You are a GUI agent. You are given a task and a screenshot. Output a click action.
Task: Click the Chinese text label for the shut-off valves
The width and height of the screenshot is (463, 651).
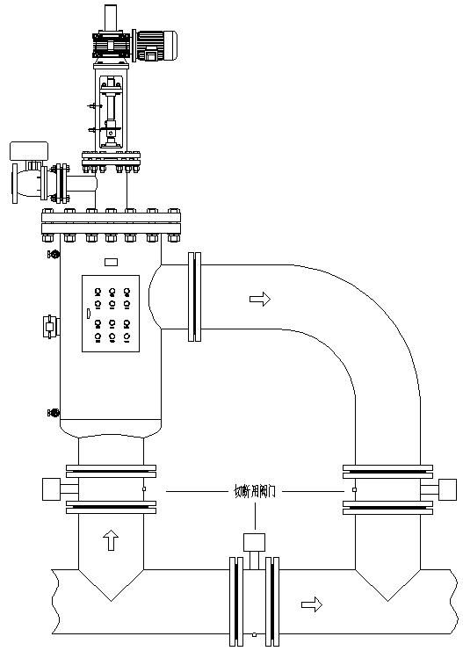click(254, 491)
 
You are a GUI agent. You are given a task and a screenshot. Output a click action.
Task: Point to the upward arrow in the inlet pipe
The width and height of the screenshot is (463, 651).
click(111, 540)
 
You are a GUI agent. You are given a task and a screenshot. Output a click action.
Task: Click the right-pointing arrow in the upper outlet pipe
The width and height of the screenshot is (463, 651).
click(260, 300)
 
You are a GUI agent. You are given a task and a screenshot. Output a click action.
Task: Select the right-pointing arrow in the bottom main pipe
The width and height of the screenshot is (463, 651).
click(311, 604)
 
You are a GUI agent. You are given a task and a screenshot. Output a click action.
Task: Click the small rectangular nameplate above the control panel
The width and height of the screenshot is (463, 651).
click(111, 261)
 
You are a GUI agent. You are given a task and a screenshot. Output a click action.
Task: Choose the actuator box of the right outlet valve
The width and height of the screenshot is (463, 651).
click(447, 488)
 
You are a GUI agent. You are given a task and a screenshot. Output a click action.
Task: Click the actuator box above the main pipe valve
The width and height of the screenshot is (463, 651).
click(254, 541)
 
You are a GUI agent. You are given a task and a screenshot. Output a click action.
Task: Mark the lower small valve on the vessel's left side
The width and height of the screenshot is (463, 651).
click(54, 412)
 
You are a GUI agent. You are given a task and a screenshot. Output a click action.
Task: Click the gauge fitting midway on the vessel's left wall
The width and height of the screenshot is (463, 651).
click(50, 327)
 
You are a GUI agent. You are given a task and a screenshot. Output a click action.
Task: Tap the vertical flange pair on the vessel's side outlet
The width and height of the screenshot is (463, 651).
click(195, 296)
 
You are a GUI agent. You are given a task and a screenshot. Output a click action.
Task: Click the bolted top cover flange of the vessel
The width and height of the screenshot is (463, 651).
click(111, 225)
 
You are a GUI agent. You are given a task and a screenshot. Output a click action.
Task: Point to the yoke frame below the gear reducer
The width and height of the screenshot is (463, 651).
click(110, 110)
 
